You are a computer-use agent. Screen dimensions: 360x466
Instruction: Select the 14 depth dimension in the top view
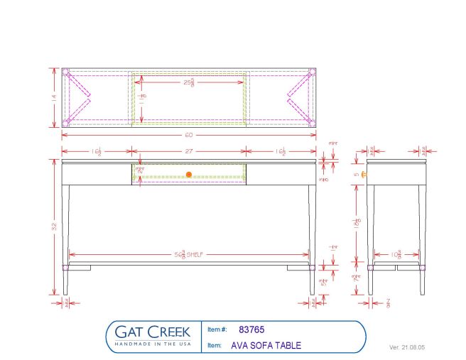click(53, 99)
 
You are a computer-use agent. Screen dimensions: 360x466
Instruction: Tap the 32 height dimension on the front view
click(53, 227)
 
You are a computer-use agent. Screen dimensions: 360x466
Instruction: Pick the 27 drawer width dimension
click(189, 151)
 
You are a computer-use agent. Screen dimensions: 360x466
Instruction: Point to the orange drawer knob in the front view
click(189, 174)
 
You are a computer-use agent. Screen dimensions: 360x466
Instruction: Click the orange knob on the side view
click(364, 174)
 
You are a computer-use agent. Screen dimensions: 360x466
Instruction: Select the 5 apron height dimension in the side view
click(357, 174)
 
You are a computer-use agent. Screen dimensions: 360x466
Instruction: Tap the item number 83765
click(251, 329)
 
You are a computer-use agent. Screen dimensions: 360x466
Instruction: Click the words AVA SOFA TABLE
click(266, 346)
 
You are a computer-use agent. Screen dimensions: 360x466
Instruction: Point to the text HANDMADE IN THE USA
click(154, 344)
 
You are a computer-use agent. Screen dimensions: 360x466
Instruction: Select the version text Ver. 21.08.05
click(407, 348)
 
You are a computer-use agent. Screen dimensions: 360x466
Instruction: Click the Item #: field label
click(217, 330)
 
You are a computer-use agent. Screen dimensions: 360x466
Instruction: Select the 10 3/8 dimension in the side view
click(396, 253)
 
